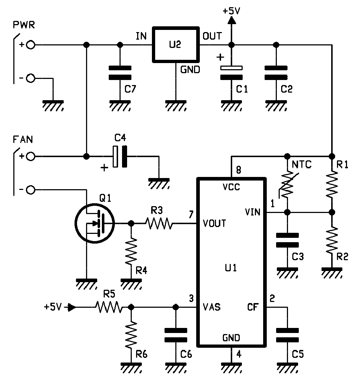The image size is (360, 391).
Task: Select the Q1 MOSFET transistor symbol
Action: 95,223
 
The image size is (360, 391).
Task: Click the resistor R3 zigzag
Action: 159,223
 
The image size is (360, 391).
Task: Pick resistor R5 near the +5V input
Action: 109,307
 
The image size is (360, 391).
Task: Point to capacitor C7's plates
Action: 120,72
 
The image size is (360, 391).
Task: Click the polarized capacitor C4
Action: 120,156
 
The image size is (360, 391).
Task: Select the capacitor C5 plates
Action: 287,335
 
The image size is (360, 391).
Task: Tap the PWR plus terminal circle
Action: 31,45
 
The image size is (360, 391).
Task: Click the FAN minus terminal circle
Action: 31,190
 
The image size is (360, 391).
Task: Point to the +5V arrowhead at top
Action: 232,21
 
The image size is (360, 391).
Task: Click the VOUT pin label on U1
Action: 214,223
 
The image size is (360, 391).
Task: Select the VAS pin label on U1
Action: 212,307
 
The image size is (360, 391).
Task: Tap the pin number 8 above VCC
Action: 238,170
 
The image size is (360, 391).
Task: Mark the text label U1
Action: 231,268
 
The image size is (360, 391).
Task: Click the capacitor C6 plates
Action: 176,335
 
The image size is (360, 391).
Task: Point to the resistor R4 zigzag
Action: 131,251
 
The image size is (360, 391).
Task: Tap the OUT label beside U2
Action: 212,36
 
